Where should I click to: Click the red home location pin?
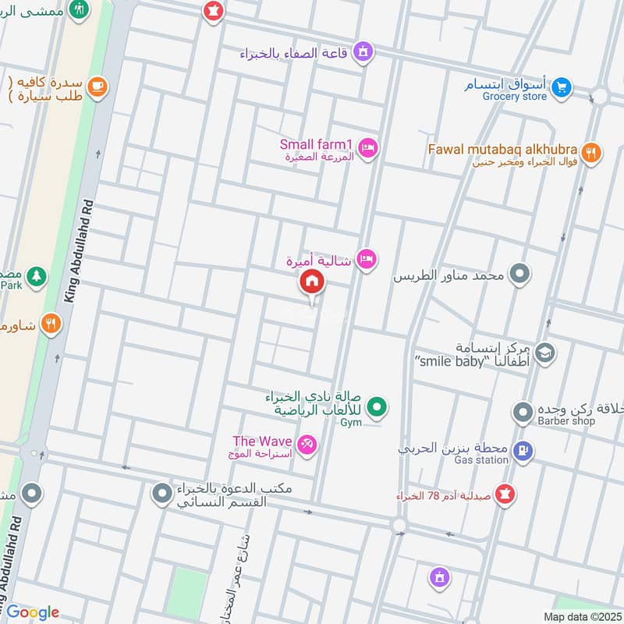coord(312,282)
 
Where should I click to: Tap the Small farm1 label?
coord(317,144)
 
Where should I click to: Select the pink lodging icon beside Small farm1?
coord(368,147)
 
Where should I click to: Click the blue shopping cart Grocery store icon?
coord(560,90)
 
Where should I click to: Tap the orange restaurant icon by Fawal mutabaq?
coord(591,153)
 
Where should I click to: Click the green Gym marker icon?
coord(378,406)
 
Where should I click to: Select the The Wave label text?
coord(262,441)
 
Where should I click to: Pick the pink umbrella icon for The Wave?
coord(307,445)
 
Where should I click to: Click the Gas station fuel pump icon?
coord(524,449)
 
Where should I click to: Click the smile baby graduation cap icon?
coord(545,353)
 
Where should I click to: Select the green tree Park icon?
coord(36,276)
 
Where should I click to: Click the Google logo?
coord(33,612)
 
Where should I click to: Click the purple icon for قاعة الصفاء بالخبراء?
coord(362,53)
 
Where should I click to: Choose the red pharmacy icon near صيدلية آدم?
coord(505,495)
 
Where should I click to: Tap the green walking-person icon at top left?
coord(78,9)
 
